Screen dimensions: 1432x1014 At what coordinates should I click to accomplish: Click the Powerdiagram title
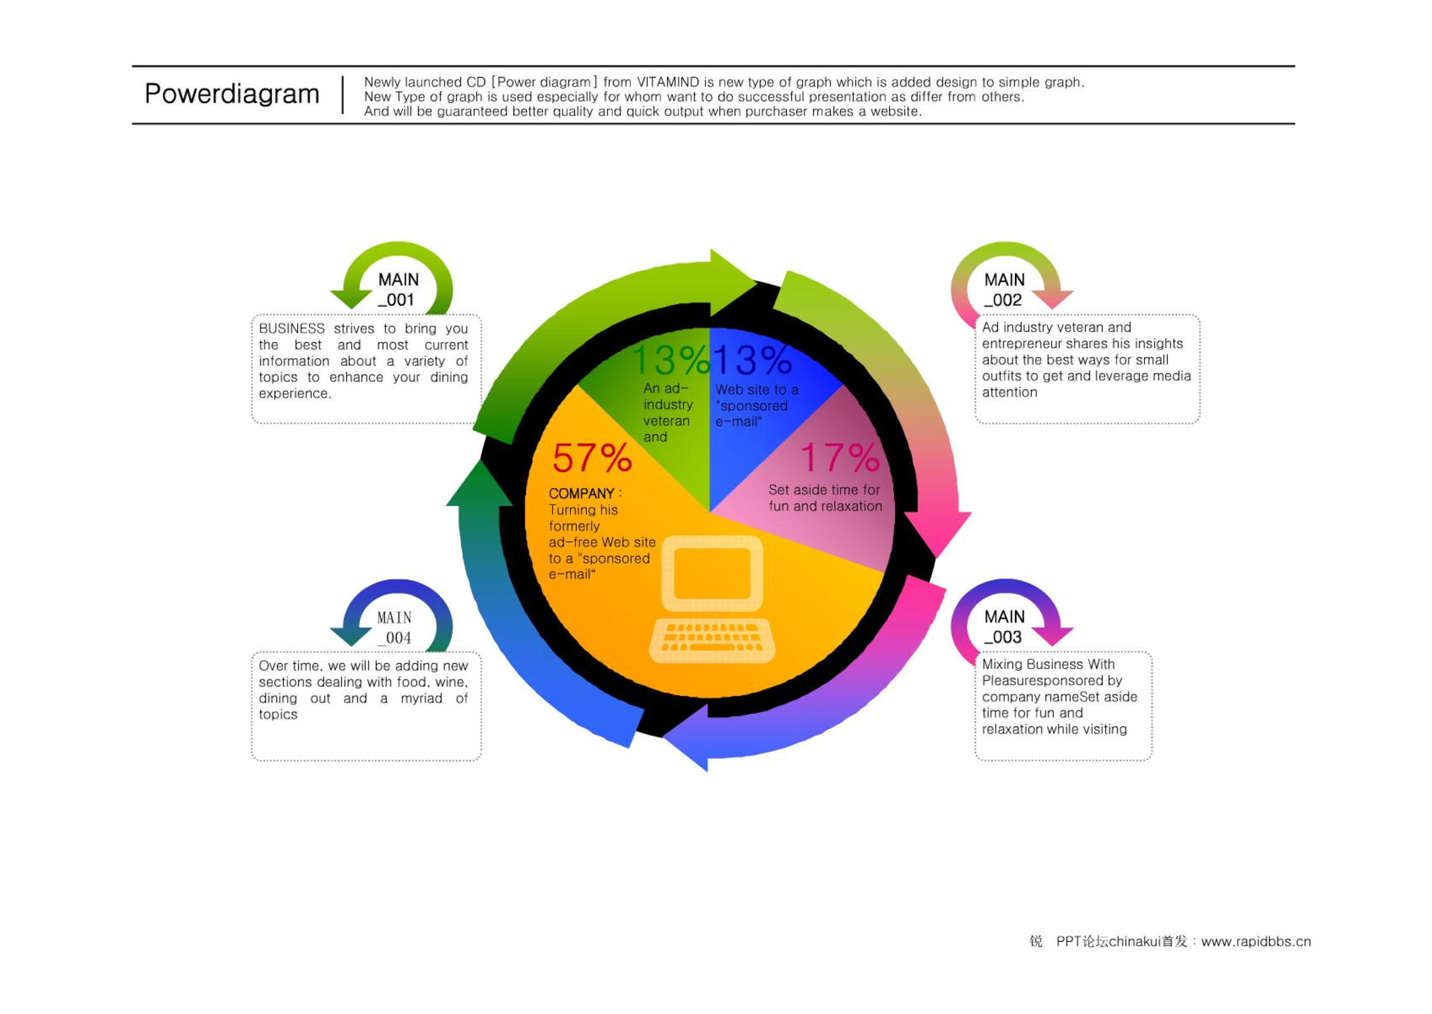(231, 94)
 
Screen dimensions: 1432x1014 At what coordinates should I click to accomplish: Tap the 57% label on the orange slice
(592, 458)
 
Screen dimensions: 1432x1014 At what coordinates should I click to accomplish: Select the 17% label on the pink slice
(839, 457)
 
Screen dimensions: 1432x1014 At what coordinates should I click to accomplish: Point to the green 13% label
(670, 360)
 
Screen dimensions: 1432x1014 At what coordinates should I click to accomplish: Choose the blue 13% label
(752, 360)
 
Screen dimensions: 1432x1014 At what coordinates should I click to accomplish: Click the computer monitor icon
(712, 573)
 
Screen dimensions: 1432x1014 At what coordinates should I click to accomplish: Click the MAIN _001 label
(398, 289)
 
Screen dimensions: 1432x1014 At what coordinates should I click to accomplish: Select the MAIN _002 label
(1004, 289)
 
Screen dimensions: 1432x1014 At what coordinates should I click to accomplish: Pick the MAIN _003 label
(1004, 627)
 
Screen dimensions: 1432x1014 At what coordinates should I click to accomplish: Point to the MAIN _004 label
(394, 627)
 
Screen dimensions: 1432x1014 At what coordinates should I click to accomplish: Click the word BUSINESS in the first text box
(292, 328)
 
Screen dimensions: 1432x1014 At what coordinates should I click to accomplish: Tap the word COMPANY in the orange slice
(581, 493)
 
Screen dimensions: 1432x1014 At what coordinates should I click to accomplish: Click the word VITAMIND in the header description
(668, 82)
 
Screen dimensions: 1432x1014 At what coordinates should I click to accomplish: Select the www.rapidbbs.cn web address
(1256, 941)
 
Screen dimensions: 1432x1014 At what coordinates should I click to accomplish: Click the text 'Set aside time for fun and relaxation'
(825, 498)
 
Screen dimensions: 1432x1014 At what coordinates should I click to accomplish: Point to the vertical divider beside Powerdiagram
(343, 95)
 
